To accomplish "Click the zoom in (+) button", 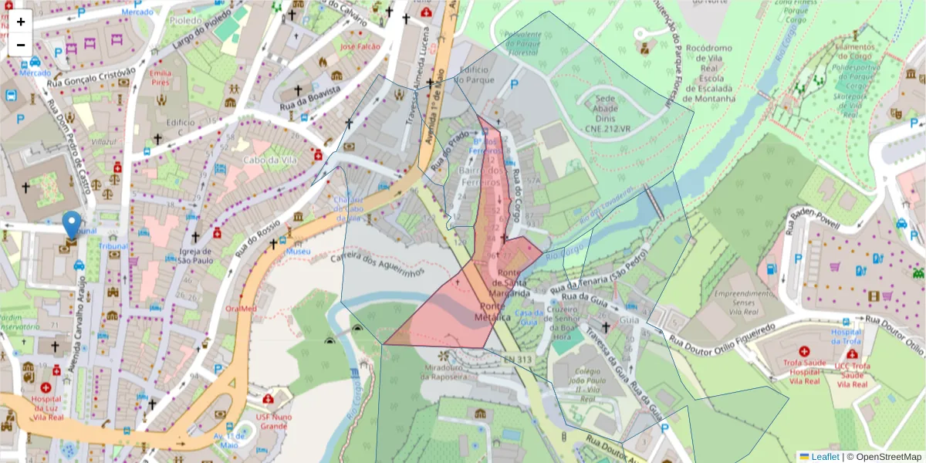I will pos(21,21).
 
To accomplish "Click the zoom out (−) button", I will pos(21,44).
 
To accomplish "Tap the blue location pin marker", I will pos(72,225).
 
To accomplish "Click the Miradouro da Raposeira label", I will pos(445,372).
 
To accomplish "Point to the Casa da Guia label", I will pos(529,317).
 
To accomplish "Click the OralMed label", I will pos(240,308).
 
